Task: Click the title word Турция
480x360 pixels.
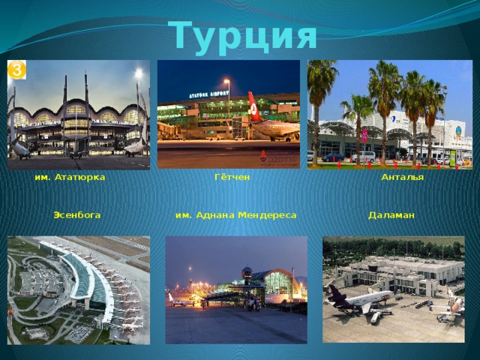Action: pos(243,34)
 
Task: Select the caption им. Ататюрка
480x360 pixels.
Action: pos(70,178)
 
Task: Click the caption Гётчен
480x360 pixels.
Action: pos(232,178)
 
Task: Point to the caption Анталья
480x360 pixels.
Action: pos(403,178)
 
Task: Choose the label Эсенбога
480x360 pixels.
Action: pos(77,215)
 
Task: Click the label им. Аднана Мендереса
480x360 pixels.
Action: pos(235,215)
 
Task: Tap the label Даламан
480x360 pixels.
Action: pos(391,215)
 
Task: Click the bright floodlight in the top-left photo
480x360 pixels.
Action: pos(138,73)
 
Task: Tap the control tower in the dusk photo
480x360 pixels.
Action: pos(247,274)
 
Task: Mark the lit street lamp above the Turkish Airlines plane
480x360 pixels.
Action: pos(226,81)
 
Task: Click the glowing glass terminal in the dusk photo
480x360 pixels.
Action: pos(278,283)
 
